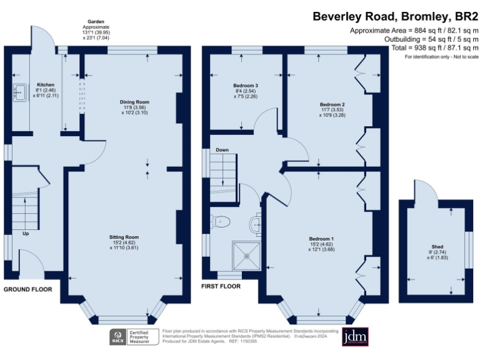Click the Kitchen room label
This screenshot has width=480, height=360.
click(46, 84)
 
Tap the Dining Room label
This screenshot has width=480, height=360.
click(134, 102)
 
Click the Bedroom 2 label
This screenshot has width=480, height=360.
click(332, 104)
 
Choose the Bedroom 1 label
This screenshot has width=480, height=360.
click(321, 239)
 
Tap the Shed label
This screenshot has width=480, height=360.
click(437, 247)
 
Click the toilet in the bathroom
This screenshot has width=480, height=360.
click(221, 221)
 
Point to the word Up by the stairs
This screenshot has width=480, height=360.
click(26, 234)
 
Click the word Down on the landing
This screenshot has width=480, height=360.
click(222, 151)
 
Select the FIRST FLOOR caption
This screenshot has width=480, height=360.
click(221, 286)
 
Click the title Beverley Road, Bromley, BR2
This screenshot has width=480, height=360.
click(395, 16)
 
